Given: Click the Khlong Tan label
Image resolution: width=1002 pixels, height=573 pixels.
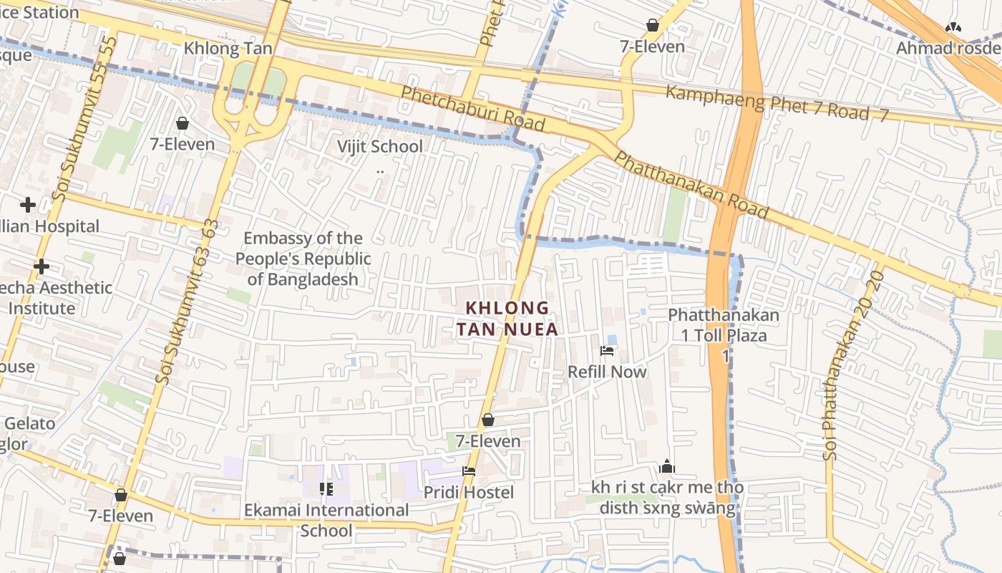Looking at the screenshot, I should click(x=228, y=49).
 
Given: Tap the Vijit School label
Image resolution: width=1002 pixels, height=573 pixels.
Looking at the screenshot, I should click(x=380, y=147).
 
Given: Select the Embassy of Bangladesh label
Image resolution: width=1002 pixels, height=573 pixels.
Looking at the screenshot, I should click(x=303, y=259).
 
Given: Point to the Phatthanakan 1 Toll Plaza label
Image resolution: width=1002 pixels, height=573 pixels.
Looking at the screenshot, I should click(x=723, y=325).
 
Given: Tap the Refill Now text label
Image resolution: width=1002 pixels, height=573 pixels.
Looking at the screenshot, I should click(x=607, y=372).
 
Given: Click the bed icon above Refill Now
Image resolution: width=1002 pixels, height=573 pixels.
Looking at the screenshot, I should click(x=607, y=351).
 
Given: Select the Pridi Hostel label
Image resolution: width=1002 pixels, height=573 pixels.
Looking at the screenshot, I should click(x=469, y=493).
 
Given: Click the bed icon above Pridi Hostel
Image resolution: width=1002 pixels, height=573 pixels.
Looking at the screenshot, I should click(x=469, y=471).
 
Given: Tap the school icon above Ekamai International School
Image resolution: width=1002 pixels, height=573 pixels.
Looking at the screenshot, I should click(x=326, y=489).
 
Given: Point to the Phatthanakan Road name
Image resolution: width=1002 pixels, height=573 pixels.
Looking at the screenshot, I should click(x=691, y=186).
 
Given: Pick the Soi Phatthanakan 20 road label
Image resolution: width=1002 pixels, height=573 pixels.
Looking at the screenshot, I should click(x=852, y=365).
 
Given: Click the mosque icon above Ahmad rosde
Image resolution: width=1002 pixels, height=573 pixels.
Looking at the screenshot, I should click(x=953, y=27).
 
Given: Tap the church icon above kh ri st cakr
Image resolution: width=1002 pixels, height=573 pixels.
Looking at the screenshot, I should click(x=667, y=467).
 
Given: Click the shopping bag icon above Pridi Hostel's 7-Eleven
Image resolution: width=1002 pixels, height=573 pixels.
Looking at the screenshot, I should click(x=488, y=420).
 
